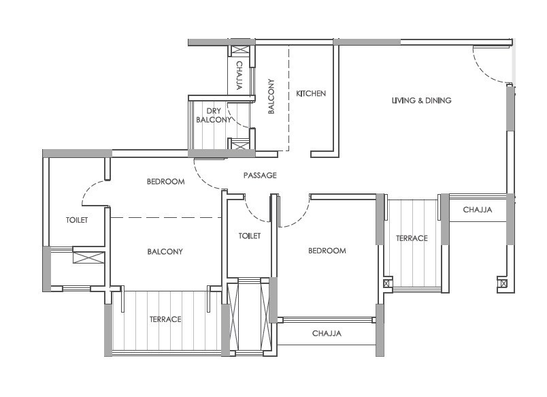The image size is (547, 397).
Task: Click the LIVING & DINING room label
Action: [x=421, y=101]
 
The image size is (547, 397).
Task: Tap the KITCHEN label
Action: [x=310, y=93]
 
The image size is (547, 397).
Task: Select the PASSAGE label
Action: [x=260, y=176]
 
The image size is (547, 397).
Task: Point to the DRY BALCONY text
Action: [x=214, y=115]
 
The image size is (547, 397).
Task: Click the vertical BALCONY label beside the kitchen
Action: [x=271, y=96]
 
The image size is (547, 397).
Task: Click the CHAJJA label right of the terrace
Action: [x=477, y=210]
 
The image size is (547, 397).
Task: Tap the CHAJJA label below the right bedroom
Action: [x=327, y=334]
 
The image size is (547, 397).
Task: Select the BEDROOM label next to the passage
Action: [x=166, y=182]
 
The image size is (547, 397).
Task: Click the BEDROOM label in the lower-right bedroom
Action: [x=327, y=251]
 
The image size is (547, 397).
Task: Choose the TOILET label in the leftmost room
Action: [x=76, y=220]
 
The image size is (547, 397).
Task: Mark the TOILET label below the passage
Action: [x=250, y=236]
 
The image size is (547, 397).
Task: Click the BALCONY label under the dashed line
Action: [x=165, y=252]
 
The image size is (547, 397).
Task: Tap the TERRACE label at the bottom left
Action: [x=165, y=319]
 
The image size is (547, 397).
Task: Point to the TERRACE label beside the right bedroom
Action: [x=412, y=238]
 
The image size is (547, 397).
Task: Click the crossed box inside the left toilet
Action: [x=88, y=257]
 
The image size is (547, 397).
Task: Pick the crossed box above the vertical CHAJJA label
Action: [x=241, y=50]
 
